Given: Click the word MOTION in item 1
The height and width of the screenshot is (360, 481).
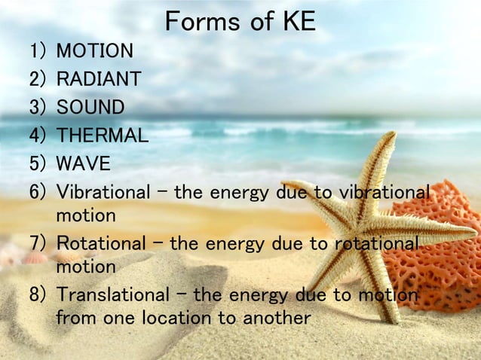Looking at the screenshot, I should click(x=95, y=51).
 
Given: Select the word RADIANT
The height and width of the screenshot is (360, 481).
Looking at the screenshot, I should click(x=98, y=79).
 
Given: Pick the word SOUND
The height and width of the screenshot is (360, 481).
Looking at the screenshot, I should click(x=90, y=108).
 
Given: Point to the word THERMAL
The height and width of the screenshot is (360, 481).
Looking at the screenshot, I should click(x=103, y=136).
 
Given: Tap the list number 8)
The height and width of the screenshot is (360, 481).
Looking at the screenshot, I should click(x=38, y=294).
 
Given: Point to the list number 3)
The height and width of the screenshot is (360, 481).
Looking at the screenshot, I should click(x=38, y=108).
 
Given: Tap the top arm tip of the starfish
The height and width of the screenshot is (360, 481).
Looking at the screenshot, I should click(x=390, y=136).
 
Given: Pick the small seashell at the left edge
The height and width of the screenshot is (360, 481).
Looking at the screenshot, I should click(x=34, y=258).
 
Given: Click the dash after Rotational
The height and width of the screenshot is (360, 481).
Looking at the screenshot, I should click(x=159, y=243).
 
